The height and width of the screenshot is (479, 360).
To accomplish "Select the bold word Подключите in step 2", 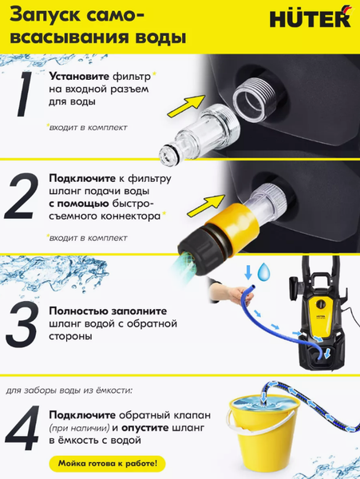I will tap(80, 178).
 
